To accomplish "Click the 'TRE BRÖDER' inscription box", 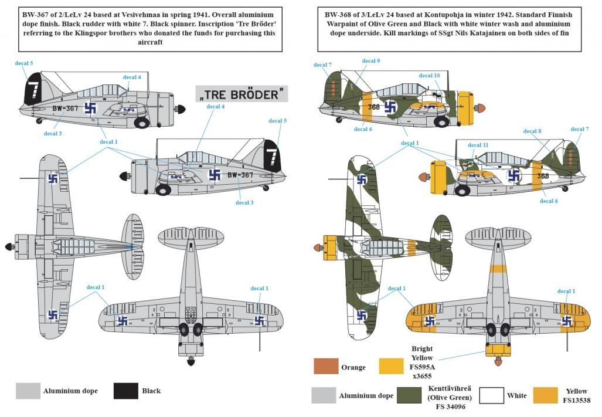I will click(242, 93).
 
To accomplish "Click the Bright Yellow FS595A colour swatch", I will click(392, 367).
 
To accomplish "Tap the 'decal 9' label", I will click(370, 61).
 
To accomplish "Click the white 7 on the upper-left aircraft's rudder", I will click(33, 91).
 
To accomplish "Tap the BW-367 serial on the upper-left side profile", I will click(64, 109).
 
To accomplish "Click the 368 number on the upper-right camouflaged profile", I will click(373, 107).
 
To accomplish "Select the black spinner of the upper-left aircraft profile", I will click(182, 110).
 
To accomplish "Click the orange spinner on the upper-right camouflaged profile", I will click(480, 109).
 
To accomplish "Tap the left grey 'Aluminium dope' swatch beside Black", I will click(27, 391).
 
